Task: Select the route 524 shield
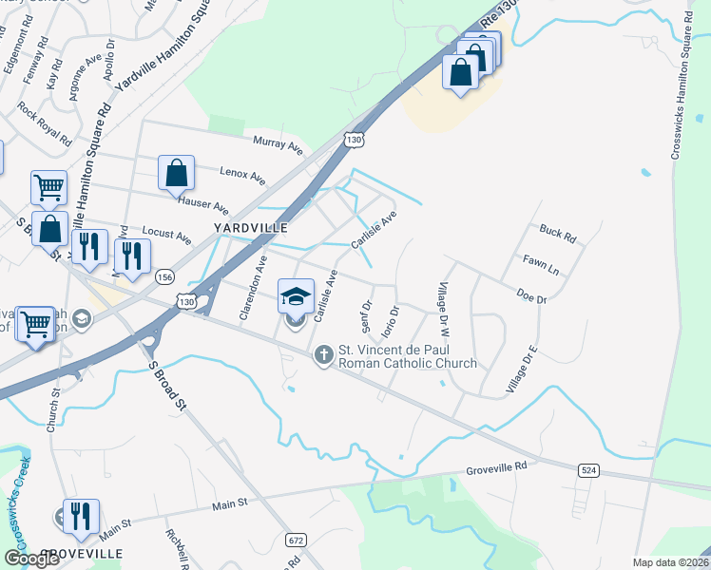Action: (x=588, y=469)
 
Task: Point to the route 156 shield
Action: (x=166, y=276)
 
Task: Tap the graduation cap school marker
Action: (x=295, y=296)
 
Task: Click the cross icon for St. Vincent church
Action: (x=323, y=355)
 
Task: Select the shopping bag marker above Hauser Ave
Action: (x=176, y=173)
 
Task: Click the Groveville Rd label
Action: (x=496, y=468)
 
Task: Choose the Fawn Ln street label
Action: (x=539, y=263)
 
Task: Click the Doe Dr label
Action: (x=532, y=297)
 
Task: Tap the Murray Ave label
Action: (x=278, y=144)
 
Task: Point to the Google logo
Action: (x=32, y=559)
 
